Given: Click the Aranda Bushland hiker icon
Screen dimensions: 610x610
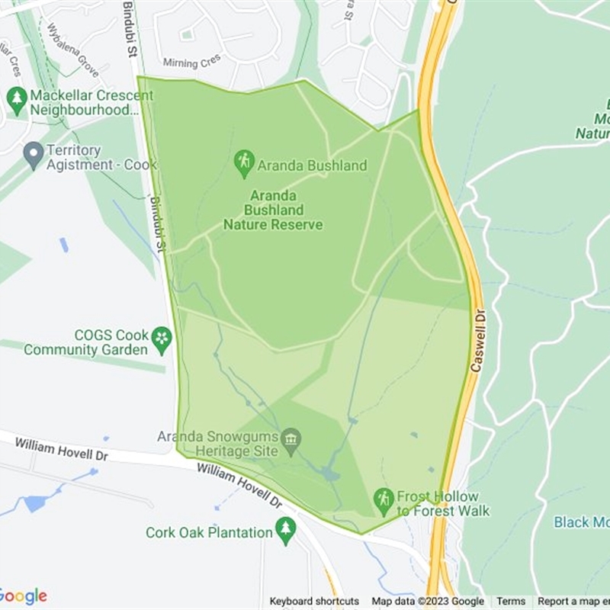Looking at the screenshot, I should click(x=244, y=161).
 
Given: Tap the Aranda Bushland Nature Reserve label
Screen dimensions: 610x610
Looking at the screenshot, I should click(x=273, y=210).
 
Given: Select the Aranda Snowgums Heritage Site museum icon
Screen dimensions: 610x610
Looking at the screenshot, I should click(x=291, y=439).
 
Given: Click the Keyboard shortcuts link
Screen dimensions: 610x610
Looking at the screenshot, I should click(x=314, y=602).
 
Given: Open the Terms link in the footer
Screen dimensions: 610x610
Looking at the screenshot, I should click(x=511, y=602).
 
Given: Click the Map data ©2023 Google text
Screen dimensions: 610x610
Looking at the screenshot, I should click(x=428, y=602).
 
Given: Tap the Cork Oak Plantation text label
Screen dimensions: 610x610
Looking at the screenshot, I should click(x=210, y=532).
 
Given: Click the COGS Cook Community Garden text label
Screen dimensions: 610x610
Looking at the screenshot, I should click(x=85, y=342).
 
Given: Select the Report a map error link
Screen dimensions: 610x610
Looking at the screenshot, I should click(x=573, y=602).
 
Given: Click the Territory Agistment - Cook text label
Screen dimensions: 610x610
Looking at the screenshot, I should click(x=101, y=158).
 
